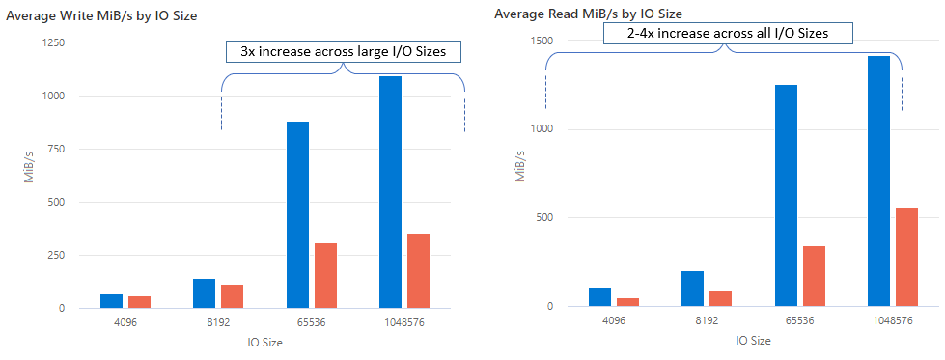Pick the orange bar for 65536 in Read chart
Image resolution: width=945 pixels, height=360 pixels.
pyautogui.click(x=813, y=276)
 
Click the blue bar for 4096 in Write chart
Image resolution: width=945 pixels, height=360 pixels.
pyautogui.click(x=112, y=301)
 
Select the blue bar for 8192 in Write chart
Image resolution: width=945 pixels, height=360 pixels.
pyautogui.click(x=205, y=293)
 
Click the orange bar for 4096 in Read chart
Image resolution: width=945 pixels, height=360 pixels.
pyautogui.click(x=627, y=302)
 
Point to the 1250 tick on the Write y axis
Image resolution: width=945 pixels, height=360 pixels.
pyautogui.click(x=51, y=43)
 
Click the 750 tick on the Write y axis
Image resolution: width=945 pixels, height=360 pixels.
pyautogui.click(x=54, y=150)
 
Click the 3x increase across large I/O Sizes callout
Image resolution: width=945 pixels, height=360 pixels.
pyautogui.click(x=343, y=52)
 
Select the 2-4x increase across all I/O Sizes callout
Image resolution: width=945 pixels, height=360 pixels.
pyautogui.click(x=728, y=34)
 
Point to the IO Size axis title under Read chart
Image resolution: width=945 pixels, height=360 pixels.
pyautogui.click(x=753, y=341)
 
